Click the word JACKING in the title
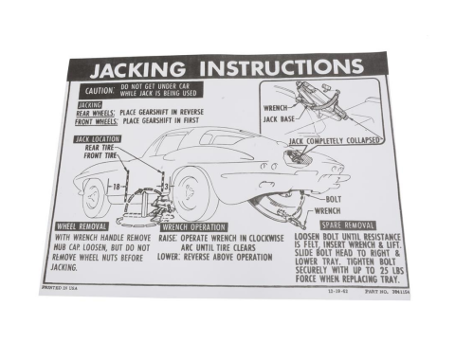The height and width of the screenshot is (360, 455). click(134, 71)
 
